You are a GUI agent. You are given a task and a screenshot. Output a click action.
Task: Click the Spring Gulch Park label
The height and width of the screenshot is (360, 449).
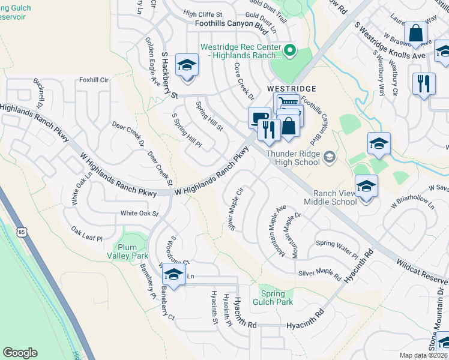click(x=276, y=298)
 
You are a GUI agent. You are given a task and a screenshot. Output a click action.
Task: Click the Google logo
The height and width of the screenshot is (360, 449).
click(x=20, y=353)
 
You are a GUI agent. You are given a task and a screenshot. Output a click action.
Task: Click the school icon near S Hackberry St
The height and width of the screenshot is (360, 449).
click(x=187, y=64)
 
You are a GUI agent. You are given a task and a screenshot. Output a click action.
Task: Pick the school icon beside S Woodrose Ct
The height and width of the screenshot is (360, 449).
click(x=173, y=275)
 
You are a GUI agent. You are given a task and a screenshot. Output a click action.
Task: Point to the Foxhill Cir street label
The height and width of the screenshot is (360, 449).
click(x=93, y=79)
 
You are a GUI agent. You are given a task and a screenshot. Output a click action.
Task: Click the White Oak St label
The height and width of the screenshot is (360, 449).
click(x=139, y=213)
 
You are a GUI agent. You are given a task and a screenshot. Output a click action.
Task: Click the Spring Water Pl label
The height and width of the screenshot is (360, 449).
click(x=337, y=243)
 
